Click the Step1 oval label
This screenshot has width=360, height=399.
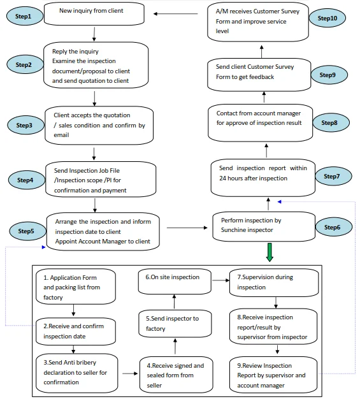click(25, 17)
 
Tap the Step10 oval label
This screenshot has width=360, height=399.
click(327, 18)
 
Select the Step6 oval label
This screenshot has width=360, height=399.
click(333, 227)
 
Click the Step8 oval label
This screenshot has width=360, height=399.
click(331, 122)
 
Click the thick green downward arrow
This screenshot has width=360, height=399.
click(270, 252)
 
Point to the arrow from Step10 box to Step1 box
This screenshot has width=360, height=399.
click(176, 14)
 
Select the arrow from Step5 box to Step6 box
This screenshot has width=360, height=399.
click(187, 228)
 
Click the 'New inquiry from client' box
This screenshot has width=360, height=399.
click(94, 14)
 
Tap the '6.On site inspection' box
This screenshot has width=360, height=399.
click(175, 282)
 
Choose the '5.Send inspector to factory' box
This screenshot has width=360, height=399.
click(175, 323)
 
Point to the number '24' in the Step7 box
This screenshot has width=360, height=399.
click(222, 178)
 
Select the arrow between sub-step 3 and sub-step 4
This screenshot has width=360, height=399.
click(130, 374)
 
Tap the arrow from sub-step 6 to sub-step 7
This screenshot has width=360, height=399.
click(221, 280)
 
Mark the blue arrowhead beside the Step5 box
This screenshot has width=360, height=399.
click(44, 247)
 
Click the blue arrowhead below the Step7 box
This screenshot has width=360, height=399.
click(279, 202)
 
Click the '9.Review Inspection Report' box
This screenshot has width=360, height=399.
click(273, 374)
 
